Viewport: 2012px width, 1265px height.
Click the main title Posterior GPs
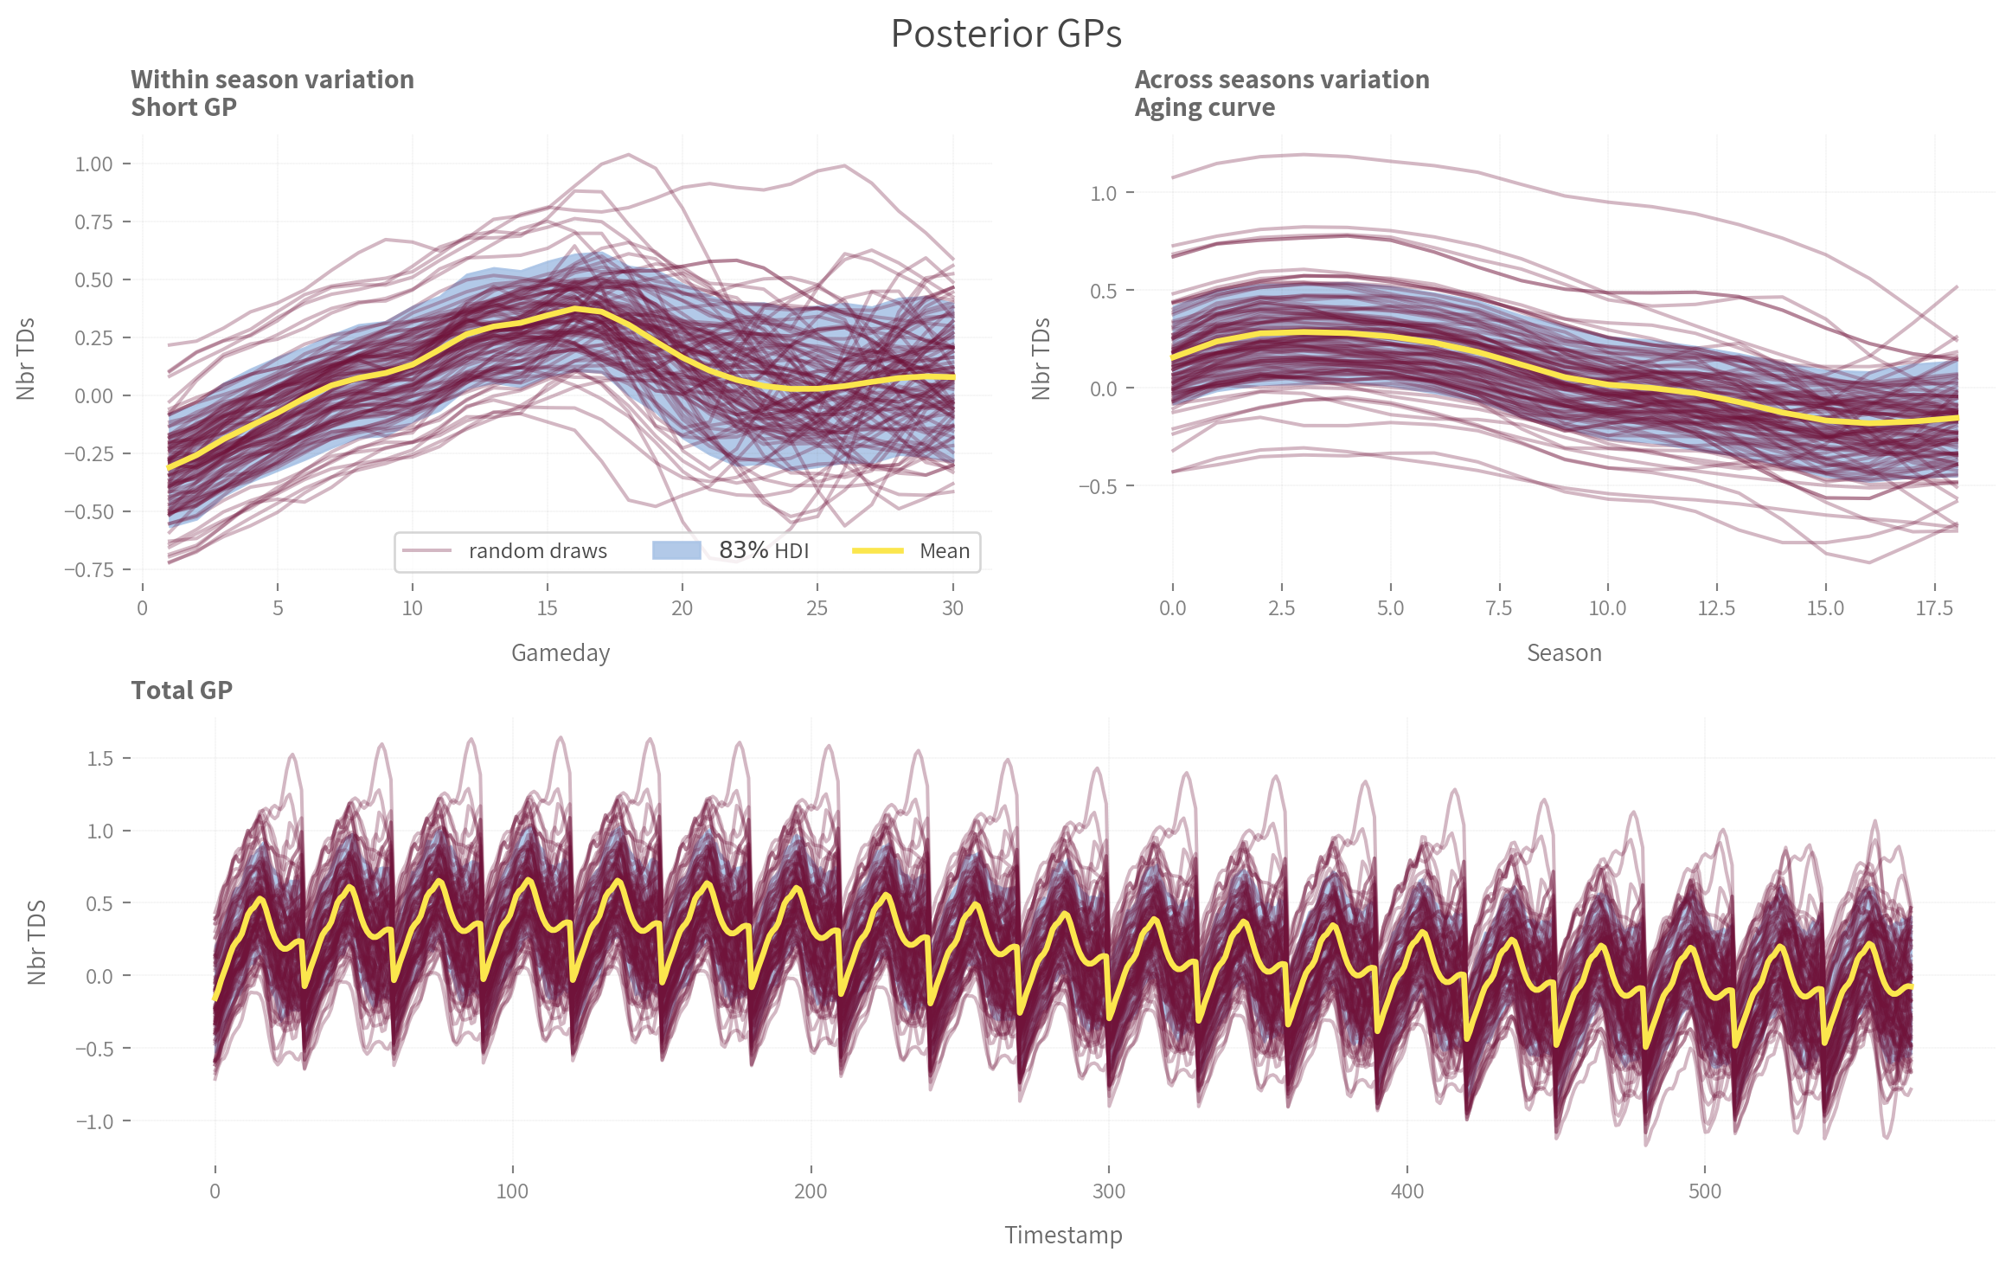tap(1006, 35)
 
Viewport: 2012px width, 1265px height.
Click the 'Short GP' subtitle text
tap(183, 107)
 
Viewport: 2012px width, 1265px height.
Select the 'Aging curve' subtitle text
tap(1204, 107)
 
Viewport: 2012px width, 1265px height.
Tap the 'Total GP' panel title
tap(182, 690)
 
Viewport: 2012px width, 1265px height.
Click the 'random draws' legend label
tap(537, 551)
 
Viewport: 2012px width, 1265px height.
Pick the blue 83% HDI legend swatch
tap(676, 551)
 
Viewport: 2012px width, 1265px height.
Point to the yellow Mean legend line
tap(878, 551)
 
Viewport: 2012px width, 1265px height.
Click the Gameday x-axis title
tap(561, 652)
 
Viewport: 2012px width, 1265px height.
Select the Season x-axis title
tap(1564, 652)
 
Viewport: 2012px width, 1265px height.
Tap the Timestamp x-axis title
tap(1063, 1235)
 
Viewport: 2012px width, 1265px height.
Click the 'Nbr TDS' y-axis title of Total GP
tap(36, 942)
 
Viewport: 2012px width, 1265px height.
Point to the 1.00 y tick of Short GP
tap(94, 164)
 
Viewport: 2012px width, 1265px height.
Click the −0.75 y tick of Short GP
tap(89, 569)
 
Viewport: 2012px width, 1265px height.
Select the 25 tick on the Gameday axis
tap(817, 608)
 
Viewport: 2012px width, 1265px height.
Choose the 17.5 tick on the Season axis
tap(1934, 608)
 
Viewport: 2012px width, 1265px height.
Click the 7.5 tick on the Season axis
tap(1498, 608)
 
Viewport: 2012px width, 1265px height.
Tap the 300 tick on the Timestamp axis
tap(1109, 1191)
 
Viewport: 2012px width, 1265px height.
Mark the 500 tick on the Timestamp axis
tap(1705, 1191)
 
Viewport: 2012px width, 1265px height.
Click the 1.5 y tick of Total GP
tap(100, 759)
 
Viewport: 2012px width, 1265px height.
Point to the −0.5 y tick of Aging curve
tap(1098, 486)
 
